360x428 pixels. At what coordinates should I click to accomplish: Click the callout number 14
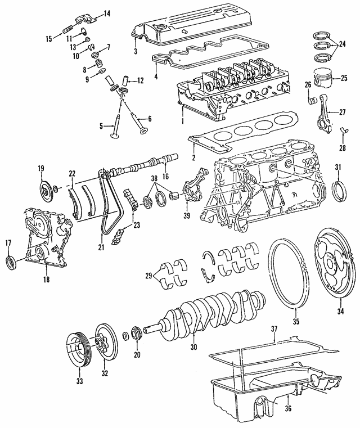[107, 13]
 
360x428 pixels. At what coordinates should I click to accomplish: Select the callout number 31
[338, 166]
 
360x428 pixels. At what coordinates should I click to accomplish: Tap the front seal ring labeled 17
[11, 262]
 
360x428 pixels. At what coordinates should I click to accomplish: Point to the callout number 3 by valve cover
[135, 51]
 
